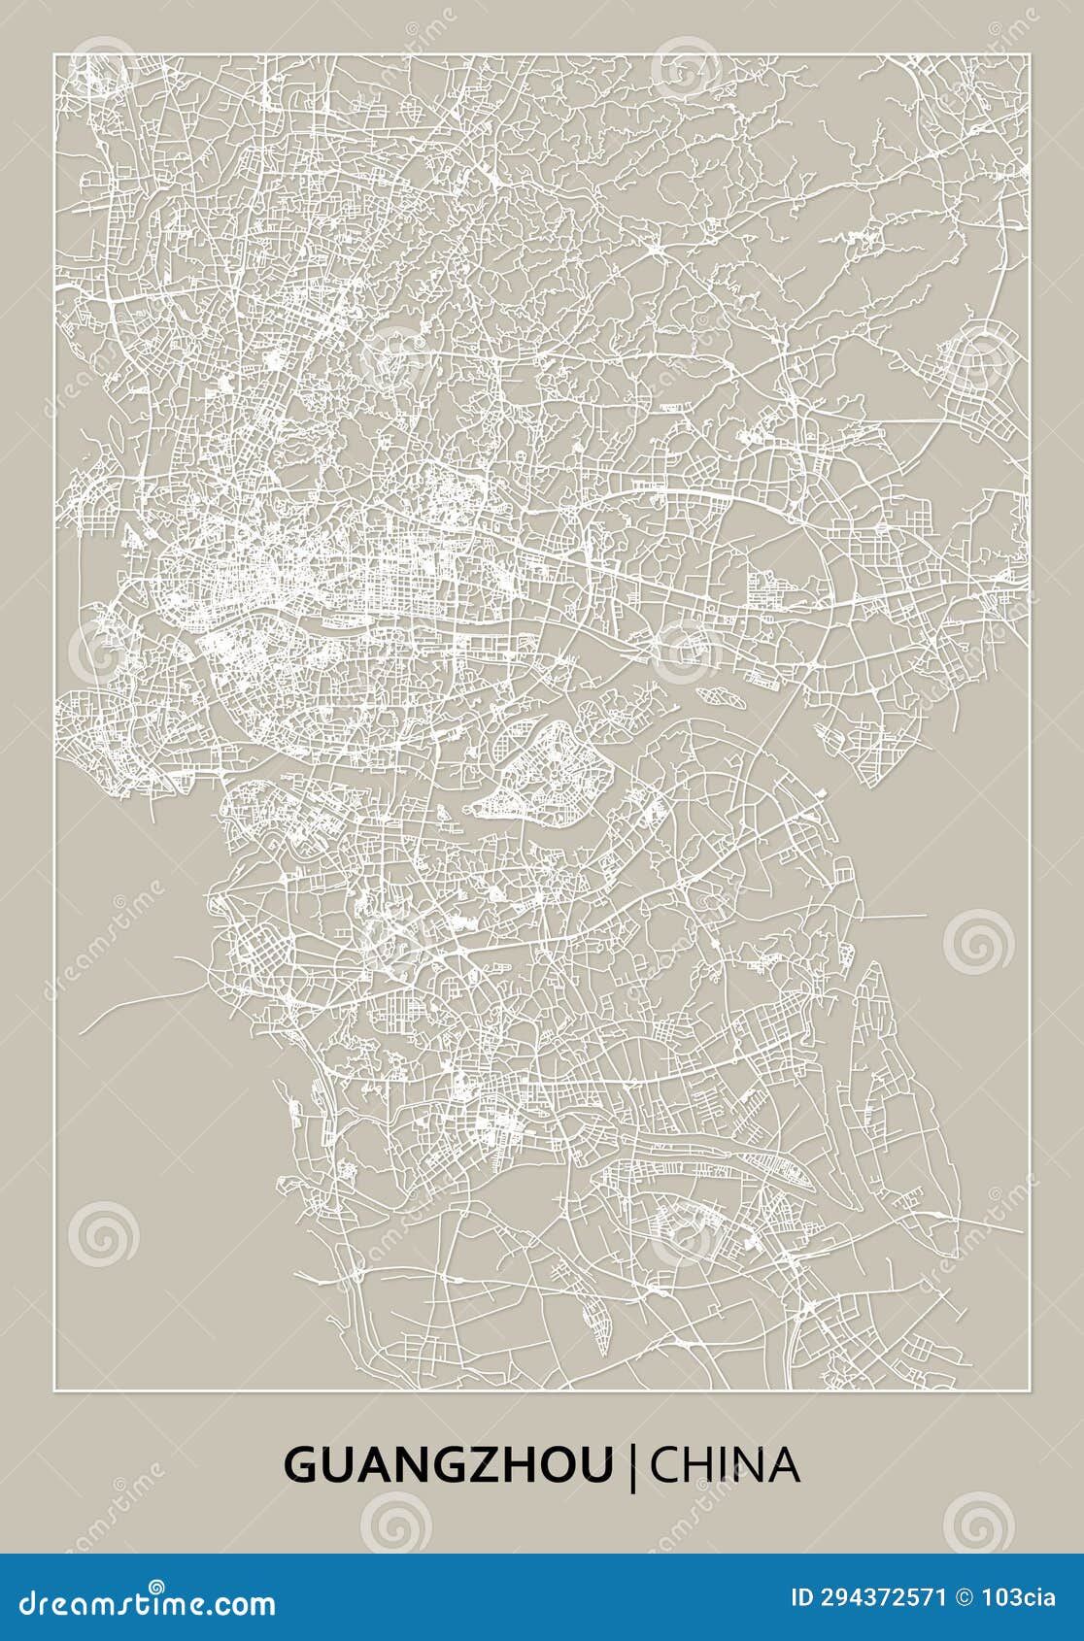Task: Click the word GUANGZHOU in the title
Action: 448,1465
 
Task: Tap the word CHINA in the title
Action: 725,1465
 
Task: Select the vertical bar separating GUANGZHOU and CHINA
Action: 633,1466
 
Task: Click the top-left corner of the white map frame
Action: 54,55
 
